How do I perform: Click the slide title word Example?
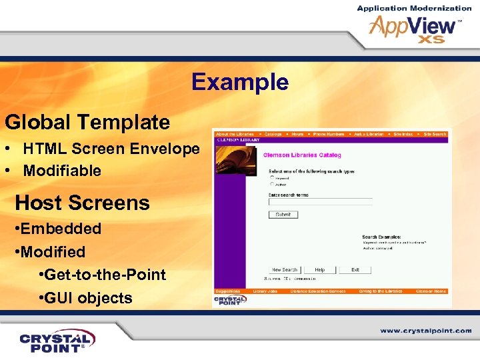(240, 83)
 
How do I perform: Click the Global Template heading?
(87, 122)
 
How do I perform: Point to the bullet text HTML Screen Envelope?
(111, 149)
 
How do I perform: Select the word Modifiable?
(62, 171)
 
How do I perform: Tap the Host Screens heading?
(82, 203)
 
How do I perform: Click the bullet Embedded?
(61, 229)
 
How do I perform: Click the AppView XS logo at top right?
(414, 27)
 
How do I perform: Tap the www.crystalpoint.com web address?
(426, 331)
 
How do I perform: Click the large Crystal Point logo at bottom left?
(57, 341)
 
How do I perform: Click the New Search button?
(285, 270)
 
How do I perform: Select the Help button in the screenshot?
(320, 270)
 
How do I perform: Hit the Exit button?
(355, 270)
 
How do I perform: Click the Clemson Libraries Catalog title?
(302, 155)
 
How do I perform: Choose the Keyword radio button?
(272, 178)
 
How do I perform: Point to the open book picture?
(229, 160)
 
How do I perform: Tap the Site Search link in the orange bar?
(435, 134)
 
